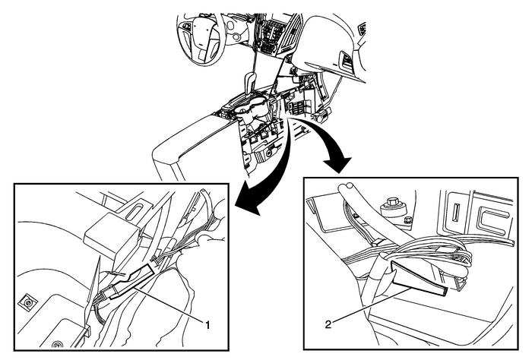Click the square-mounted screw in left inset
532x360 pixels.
[x=27, y=303]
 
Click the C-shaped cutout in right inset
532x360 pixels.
[x=494, y=215]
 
